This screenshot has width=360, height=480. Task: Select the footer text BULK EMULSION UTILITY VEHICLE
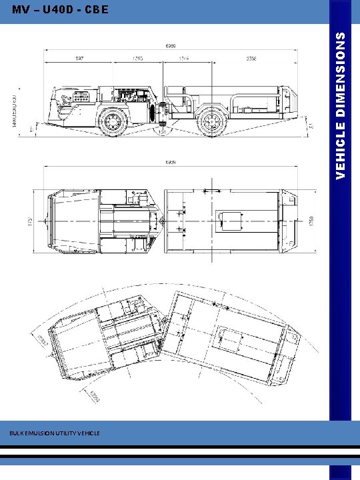[55, 433]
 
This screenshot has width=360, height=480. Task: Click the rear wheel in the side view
[213, 121]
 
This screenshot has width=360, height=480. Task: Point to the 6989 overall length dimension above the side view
[171, 46]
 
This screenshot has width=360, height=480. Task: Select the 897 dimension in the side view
[79, 57]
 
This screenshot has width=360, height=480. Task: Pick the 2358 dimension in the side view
[251, 57]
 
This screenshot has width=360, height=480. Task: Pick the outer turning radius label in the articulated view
[41, 340]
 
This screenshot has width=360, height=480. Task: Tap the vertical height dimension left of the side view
[18, 107]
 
